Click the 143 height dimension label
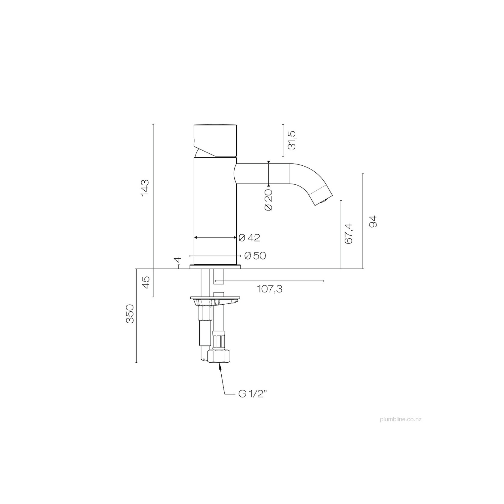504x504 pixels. [x=145, y=187]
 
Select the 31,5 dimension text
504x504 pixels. [x=292, y=140]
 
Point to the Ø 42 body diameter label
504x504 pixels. [x=249, y=238]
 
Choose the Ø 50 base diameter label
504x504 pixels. [x=255, y=256]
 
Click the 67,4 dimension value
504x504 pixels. [x=349, y=233]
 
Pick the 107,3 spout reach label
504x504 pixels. [x=270, y=289]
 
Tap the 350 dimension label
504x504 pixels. [x=130, y=314]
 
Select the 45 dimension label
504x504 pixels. [x=146, y=282]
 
